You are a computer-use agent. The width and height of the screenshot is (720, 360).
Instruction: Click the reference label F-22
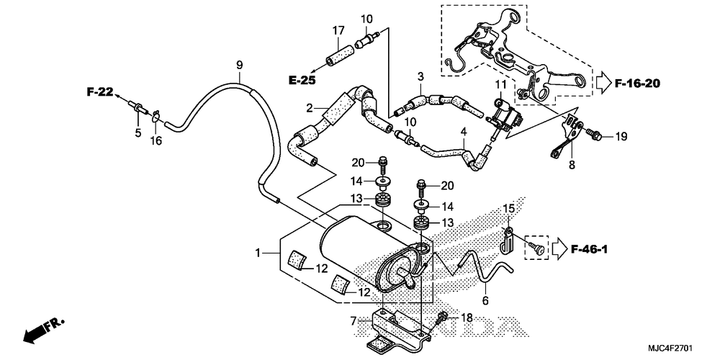(x=102, y=92)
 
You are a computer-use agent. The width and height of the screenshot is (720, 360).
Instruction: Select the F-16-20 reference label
(x=637, y=84)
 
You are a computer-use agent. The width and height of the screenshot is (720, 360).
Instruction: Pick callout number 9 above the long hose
(x=239, y=66)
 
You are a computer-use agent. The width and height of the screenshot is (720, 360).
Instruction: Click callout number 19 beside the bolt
(x=621, y=135)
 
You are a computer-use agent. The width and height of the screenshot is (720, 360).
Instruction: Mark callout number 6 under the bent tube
(x=485, y=300)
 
